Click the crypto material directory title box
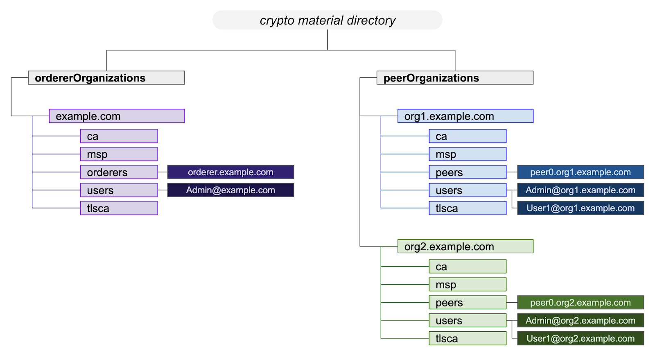(x=327, y=20)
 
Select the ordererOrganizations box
(x=106, y=78)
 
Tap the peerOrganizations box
(x=455, y=78)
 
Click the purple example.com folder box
(x=117, y=116)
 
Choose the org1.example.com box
(x=465, y=116)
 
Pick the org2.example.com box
(x=465, y=246)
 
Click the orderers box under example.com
(x=119, y=172)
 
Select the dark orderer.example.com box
(x=230, y=172)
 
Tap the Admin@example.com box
(x=230, y=190)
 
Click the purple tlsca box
(x=119, y=208)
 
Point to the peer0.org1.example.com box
(x=580, y=172)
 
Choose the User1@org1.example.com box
(x=580, y=208)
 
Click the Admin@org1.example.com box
(x=580, y=190)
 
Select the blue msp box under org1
(x=468, y=154)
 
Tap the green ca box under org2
(x=468, y=266)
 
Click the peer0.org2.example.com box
(x=580, y=302)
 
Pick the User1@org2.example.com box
(x=580, y=338)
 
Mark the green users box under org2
(x=468, y=320)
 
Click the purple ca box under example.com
(x=119, y=136)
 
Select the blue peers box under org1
(x=468, y=172)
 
